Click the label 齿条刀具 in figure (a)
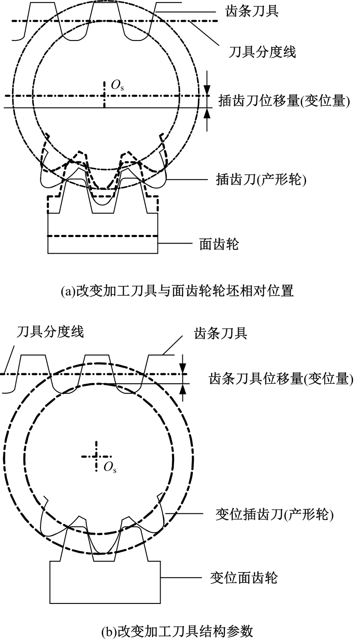[252, 11]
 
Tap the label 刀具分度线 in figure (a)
[262, 52]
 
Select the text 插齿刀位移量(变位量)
[284, 101]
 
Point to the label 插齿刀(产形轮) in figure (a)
[261, 180]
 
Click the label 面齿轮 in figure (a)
[219, 244]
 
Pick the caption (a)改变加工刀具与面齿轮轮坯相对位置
[177, 291]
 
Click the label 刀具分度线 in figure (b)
[50, 332]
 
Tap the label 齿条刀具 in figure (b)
[221, 334]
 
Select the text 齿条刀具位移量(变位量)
[281, 379]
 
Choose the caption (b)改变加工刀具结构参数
[177, 632]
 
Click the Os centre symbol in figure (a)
[118, 85]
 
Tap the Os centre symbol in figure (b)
[110, 468]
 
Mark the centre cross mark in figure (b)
[96, 456]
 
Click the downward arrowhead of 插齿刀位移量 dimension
[207, 90]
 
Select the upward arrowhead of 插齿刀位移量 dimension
[207, 114]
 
